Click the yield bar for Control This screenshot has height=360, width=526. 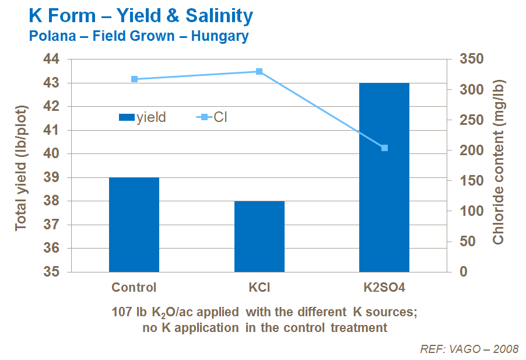point(134,225)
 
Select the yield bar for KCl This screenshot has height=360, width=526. point(259,236)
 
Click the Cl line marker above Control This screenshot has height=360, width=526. point(134,79)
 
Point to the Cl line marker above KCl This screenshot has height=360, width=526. point(259,71)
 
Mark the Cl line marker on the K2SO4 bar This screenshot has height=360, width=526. point(384,148)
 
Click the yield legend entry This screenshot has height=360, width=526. point(143,117)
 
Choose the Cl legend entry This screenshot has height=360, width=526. point(213,117)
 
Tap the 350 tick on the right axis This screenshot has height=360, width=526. point(466,60)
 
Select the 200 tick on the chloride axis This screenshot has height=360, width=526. point(466,151)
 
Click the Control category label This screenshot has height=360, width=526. point(134,287)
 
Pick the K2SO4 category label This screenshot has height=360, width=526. point(384,287)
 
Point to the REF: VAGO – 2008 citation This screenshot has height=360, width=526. point(469,349)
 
